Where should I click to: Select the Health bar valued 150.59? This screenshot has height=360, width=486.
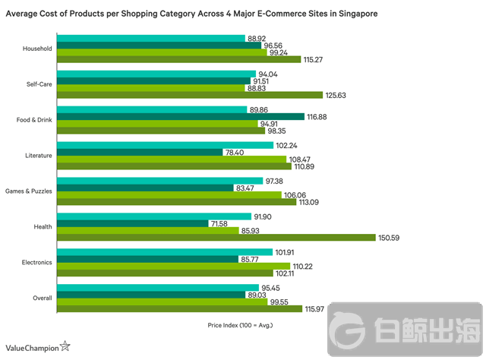point(216,237)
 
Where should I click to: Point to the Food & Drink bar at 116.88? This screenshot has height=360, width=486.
point(180,117)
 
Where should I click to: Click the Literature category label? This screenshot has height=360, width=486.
point(38,156)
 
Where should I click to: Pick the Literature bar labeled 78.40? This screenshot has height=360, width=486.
point(140,152)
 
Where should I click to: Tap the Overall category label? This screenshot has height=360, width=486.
point(42,298)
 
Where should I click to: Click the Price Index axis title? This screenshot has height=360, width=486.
point(240,325)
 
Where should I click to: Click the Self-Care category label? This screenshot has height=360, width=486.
point(39,85)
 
